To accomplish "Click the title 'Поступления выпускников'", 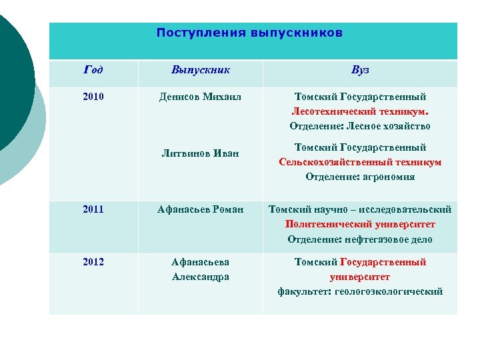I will (249, 33).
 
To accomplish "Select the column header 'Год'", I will (93, 70).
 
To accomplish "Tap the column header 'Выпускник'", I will (201, 70).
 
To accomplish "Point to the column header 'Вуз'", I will (360, 70).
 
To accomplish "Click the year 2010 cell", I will (93, 97).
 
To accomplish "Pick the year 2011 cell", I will (93, 209).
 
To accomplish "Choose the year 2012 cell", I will (93, 262).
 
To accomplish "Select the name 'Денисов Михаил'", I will (201, 97).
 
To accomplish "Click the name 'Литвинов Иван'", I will (201, 154).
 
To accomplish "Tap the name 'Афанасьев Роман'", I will (201, 209).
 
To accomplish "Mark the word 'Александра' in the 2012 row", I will (201, 277).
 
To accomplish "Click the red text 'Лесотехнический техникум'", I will (359, 111).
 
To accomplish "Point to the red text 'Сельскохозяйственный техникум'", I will (360, 162).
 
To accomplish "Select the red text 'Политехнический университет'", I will (360, 225).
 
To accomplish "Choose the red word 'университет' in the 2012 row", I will (360, 277).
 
